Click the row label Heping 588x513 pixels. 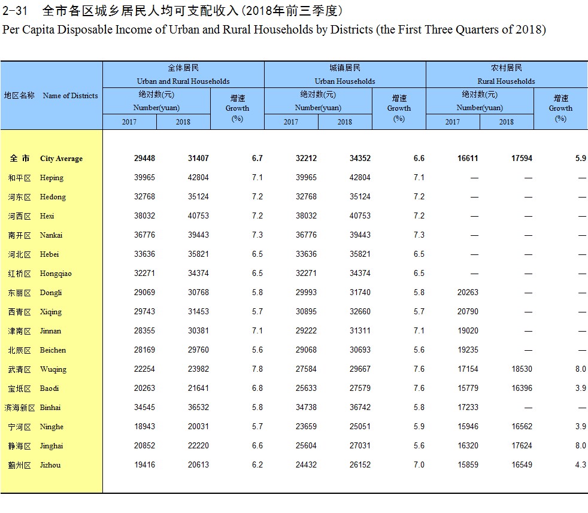click(x=51, y=178)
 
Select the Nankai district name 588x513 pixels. click(x=51, y=235)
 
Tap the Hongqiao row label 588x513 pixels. click(x=55, y=274)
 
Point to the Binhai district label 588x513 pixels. click(x=50, y=408)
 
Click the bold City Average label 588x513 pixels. click(x=61, y=159)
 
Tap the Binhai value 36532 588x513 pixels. click(x=198, y=408)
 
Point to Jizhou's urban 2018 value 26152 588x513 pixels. click(x=360, y=465)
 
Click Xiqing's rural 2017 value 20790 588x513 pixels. click(x=468, y=312)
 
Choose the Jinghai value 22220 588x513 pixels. click(x=198, y=446)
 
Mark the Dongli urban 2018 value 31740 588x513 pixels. click(x=360, y=293)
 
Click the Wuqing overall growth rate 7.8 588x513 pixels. click(x=257, y=369)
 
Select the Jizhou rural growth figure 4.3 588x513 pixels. click(x=580, y=465)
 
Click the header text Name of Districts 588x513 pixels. click(x=70, y=96)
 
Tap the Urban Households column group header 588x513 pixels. click(x=345, y=81)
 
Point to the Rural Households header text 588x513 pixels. click(x=506, y=81)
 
